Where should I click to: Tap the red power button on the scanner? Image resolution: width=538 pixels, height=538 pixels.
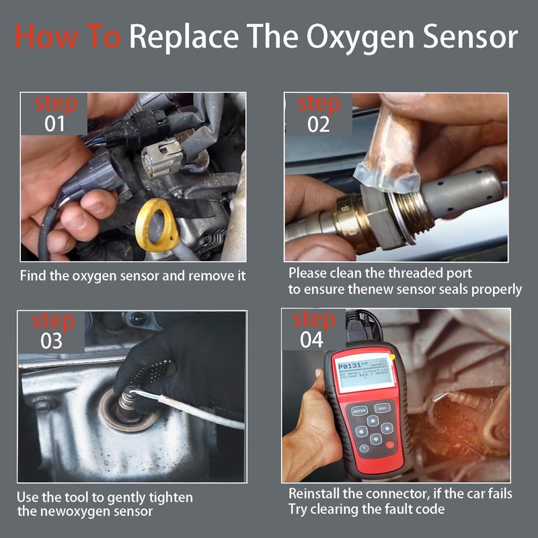coord(390,445)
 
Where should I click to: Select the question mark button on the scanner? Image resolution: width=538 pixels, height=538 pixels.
coord(364,448)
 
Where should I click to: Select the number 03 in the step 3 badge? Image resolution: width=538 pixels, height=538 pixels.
coord(51,341)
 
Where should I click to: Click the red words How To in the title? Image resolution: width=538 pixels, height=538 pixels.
coord(67,37)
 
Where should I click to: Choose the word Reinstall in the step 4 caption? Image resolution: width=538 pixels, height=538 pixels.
coord(315,494)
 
